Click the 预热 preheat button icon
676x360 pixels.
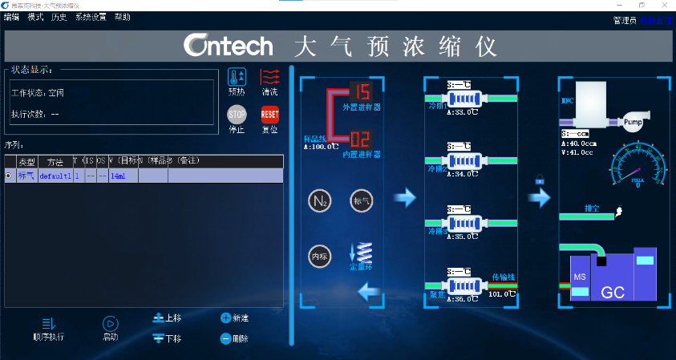coord(237,78)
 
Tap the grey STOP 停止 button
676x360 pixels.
coord(237,115)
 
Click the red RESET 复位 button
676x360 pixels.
coord(270,115)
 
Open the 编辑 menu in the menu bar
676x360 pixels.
coord(11,17)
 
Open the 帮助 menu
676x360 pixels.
coord(122,17)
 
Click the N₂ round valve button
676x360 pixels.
coord(320,200)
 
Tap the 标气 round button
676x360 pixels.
coord(362,200)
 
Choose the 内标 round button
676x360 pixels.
coord(320,256)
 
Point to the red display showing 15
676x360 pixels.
coord(360,91)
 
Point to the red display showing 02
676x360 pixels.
coord(360,139)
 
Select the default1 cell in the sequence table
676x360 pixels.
coord(55,176)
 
